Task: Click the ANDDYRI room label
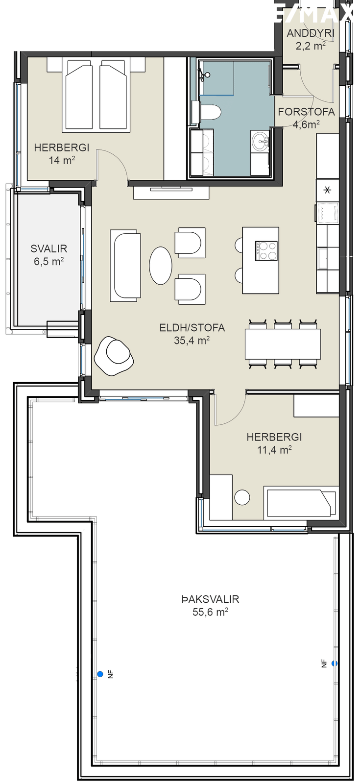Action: pos(311,33)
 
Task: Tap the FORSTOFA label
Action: pos(307,112)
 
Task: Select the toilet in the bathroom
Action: pos(210,113)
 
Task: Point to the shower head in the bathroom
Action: pos(207,74)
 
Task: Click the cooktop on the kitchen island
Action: pos(266,250)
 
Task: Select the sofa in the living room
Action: pos(125,265)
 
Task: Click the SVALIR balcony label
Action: pos(49,249)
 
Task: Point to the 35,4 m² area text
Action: pos(192,340)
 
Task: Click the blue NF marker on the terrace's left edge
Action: pos(100,674)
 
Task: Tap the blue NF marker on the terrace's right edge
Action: pos(335,663)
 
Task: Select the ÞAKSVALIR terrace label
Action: pos(210,599)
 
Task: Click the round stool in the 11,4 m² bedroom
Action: pos(242,497)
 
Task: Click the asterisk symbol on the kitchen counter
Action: pos(328,191)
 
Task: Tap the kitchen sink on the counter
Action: pos(323,258)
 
